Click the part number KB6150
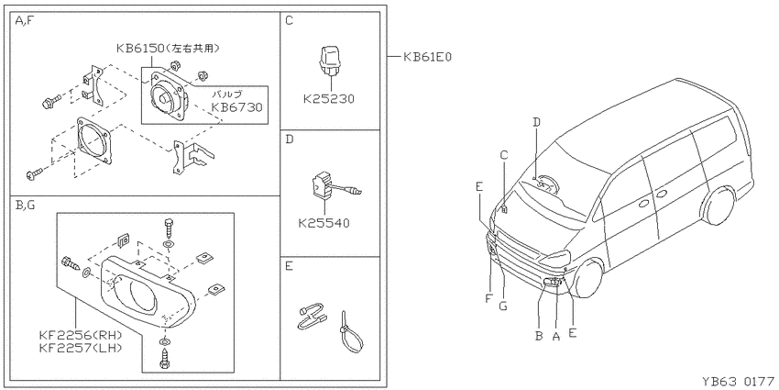pyautogui.click(x=141, y=49)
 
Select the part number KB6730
pyautogui.click(x=236, y=107)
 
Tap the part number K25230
pyautogui.click(x=329, y=99)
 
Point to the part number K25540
pyautogui.click(x=324, y=223)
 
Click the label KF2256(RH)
pyautogui.click(x=80, y=335)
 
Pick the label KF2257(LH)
pyautogui.click(x=80, y=348)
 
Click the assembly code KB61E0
pyautogui.click(x=427, y=57)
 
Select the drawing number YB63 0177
pyautogui.click(x=739, y=382)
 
